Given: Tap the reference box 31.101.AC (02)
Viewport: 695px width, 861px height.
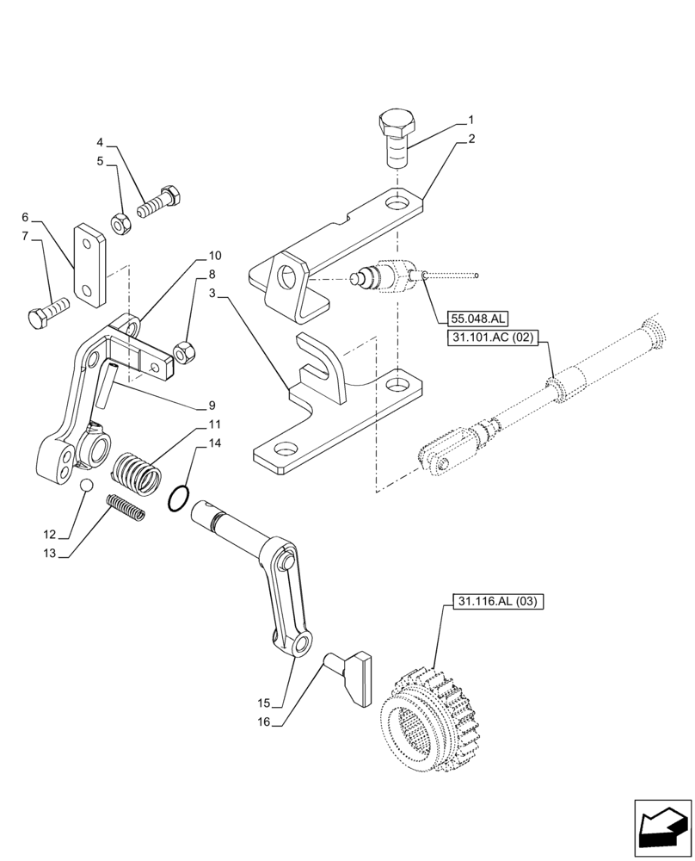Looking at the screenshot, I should coord(492,339).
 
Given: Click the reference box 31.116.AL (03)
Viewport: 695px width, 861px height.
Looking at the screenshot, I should coord(494,602).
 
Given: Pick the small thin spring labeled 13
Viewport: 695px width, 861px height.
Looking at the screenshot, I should coord(126,507).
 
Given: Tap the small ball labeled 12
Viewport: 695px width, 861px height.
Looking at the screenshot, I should coord(86,487).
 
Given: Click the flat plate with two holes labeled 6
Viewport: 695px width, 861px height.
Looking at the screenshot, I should coord(89,264).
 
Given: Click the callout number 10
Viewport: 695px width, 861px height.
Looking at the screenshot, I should coord(214,256).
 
